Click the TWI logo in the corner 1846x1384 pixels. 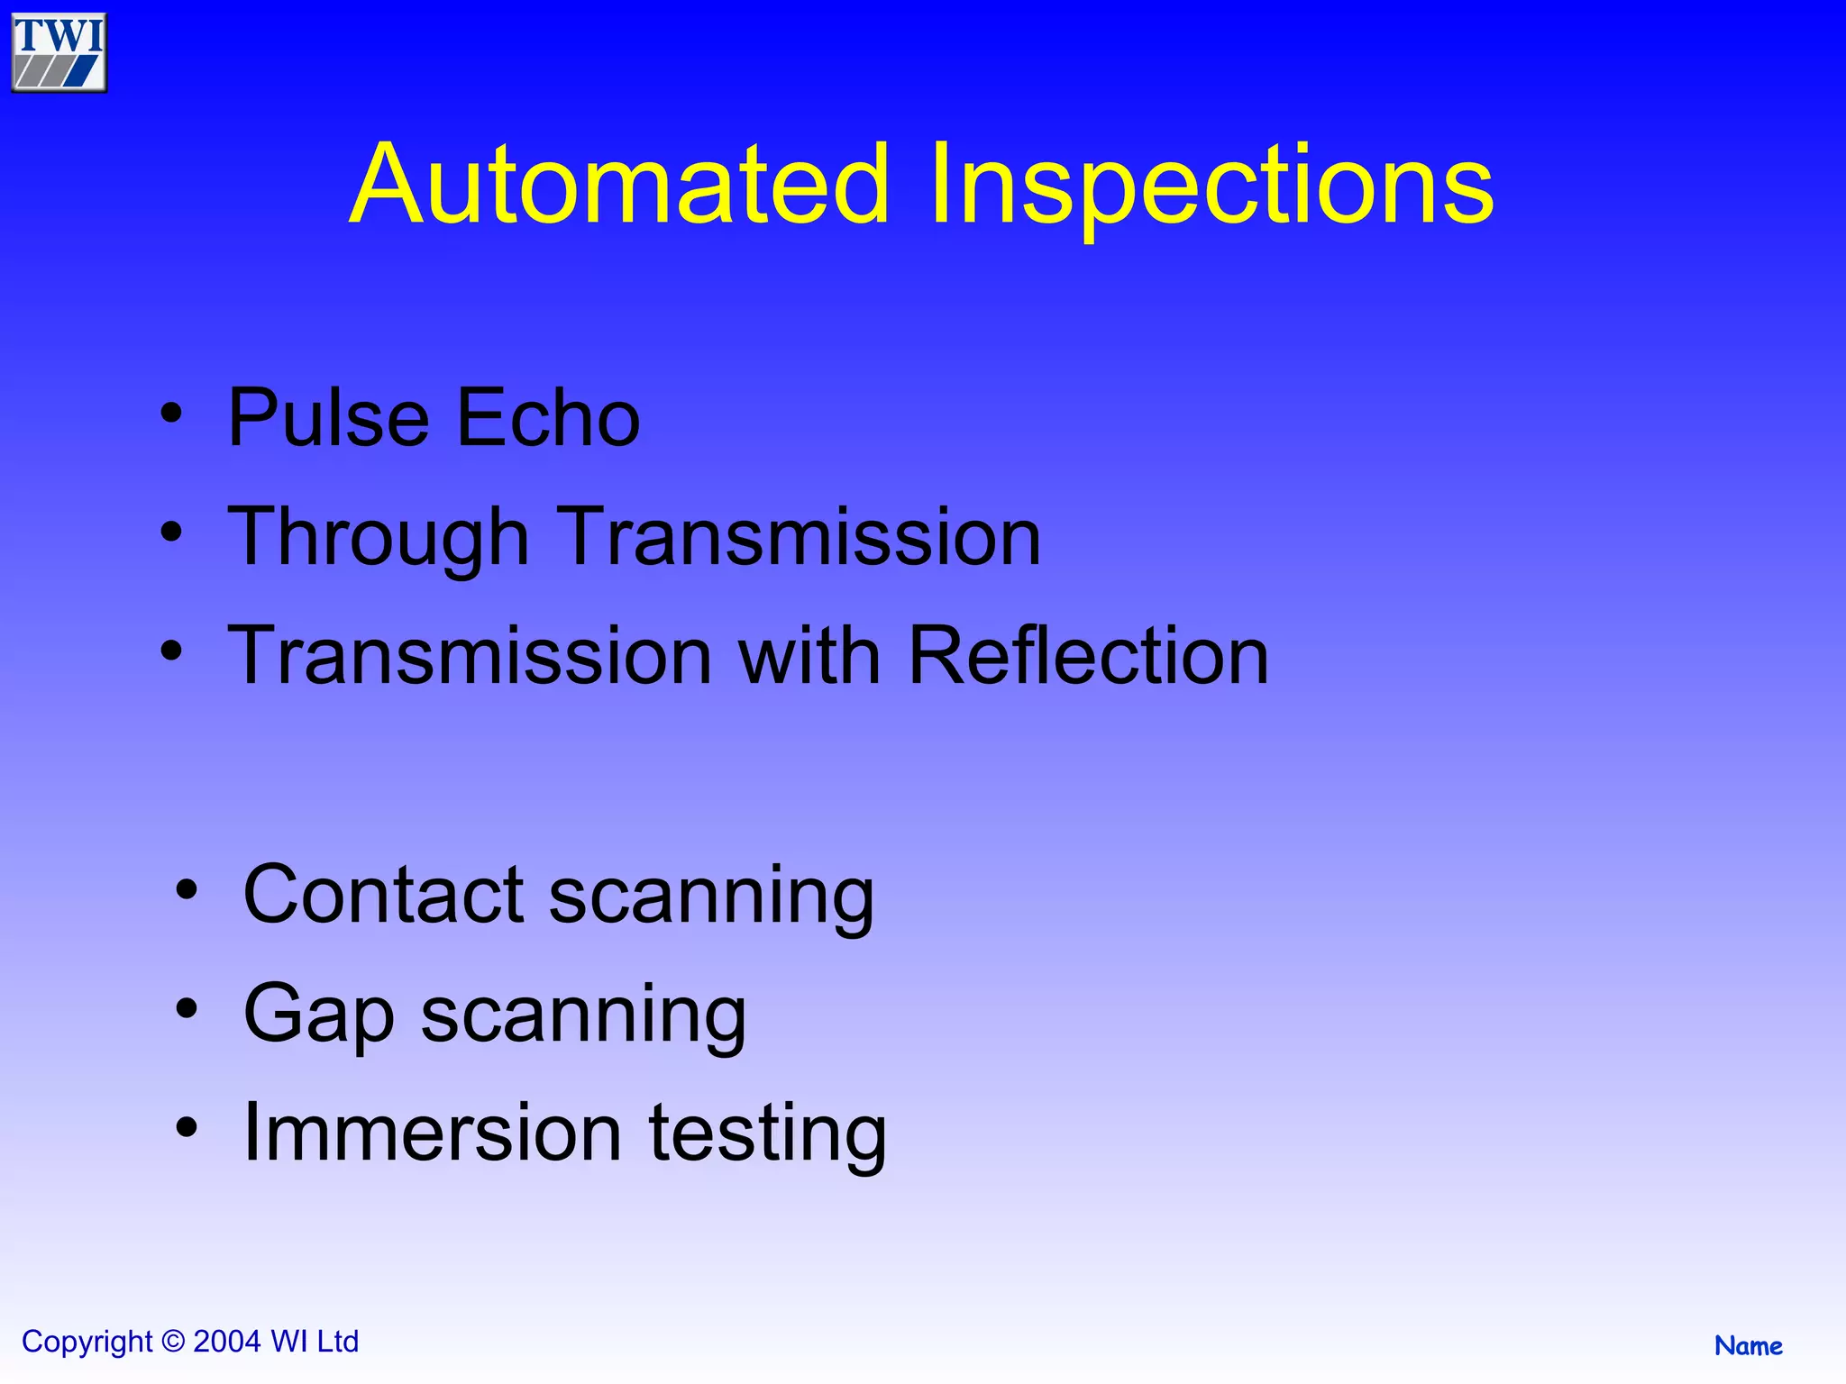click(x=59, y=52)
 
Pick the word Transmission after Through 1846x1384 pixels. click(x=799, y=537)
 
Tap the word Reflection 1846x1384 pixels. click(x=1088, y=656)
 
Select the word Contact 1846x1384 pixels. click(x=383, y=895)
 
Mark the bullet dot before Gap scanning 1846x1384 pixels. click(x=187, y=1009)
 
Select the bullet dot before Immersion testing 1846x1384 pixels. click(x=187, y=1127)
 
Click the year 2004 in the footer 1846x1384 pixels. click(x=227, y=1342)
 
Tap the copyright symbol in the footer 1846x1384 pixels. click(x=172, y=1342)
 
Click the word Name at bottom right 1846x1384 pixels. click(x=1748, y=1346)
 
